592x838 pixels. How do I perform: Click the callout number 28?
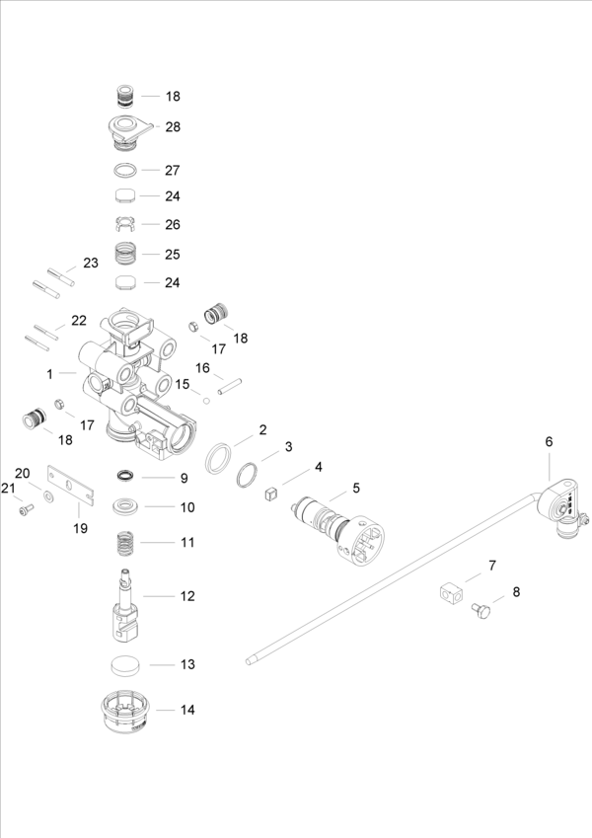(173, 127)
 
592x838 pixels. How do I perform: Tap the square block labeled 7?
(451, 594)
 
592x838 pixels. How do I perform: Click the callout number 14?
(187, 710)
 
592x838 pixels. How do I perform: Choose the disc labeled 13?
(125, 664)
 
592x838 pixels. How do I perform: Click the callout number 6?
(550, 442)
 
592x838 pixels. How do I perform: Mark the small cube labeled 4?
(269, 495)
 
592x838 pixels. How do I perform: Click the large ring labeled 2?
(219, 459)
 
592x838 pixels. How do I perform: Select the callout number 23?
(91, 264)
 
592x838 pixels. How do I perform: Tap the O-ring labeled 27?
(125, 169)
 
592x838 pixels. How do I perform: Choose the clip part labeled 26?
(125, 223)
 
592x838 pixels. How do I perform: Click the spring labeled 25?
(125, 254)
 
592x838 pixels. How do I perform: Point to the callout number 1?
(49, 374)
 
